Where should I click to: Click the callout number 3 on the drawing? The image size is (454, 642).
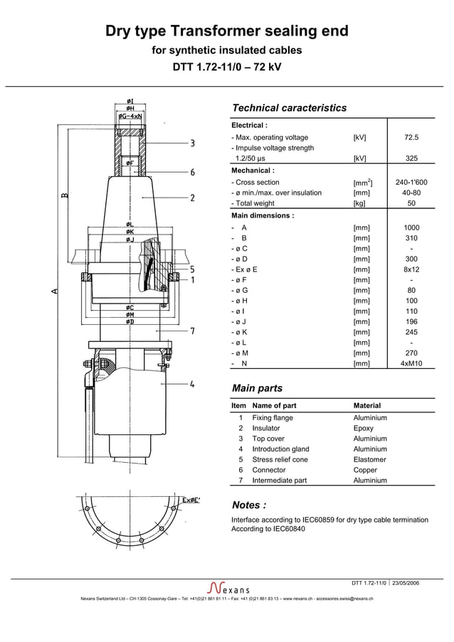[192, 144]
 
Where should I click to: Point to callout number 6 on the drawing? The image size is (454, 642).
[192, 172]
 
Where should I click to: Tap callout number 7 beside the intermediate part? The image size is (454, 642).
[192, 331]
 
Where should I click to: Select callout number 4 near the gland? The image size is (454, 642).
[192, 385]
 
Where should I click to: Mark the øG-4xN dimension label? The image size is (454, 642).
[130, 115]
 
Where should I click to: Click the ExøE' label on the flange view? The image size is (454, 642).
[191, 500]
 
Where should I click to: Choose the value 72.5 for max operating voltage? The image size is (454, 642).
[411, 137]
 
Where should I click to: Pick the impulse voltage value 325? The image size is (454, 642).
[411, 159]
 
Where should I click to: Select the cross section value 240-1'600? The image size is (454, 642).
[411, 183]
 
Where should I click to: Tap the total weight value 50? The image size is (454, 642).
[411, 203]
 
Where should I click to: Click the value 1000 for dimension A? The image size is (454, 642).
[411, 228]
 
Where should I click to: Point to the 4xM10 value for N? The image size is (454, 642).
[411, 363]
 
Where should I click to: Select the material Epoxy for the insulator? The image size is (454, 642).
[363, 428]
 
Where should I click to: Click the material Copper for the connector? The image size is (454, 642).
[365, 470]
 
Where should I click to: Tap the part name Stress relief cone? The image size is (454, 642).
[280, 459]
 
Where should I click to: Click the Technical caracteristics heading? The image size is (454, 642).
[289, 108]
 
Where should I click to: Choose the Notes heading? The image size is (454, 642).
[249, 505]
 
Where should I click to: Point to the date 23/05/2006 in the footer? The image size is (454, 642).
[405, 583]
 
